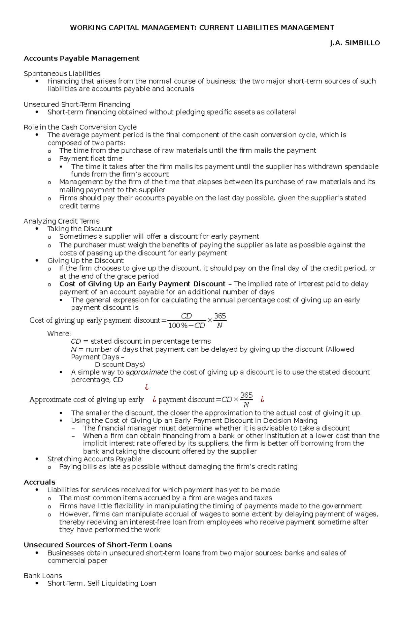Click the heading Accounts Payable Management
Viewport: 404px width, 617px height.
tap(81, 58)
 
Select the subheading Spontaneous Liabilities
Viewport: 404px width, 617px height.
tap(62, 73)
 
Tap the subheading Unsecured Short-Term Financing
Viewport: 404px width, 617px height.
tap(77, 104)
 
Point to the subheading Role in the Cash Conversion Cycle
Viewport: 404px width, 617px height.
tap(80, 127)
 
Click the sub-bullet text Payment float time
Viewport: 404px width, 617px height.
tap(91, 158)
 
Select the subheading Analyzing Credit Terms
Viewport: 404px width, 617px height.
tap(61, 221)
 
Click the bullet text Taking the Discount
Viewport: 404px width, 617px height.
tap(80, 229)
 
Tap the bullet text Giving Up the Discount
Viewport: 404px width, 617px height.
tap(86, 261)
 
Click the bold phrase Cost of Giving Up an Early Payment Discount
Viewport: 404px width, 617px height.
tap(142, 284)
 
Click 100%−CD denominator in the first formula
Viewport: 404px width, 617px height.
tap(187, 325)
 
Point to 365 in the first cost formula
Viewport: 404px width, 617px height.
tap(220, 316)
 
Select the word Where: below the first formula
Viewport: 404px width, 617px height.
tap(59, 334)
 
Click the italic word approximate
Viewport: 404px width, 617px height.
tap(146, 372)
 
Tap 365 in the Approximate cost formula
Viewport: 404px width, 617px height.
tap(246, 395)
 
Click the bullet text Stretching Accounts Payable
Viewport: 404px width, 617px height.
tap(94, 459)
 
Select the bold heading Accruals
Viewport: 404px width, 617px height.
tap(39, 482)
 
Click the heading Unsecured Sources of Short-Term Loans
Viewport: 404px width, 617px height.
tap(98, 545)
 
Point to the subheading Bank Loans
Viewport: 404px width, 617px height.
tap(43, 576)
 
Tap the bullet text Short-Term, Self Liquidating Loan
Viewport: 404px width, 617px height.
tap(102, 583)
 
